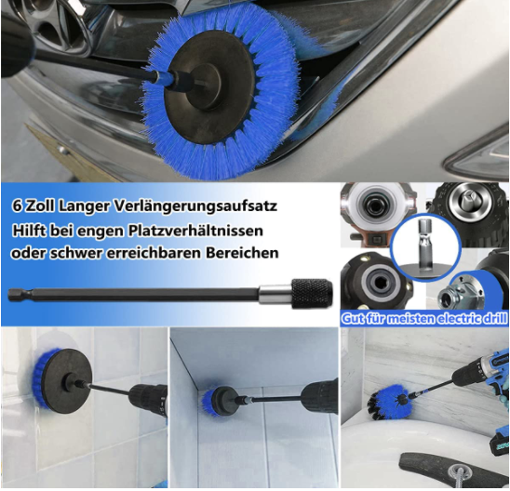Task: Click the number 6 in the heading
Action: tap(17, 204)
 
